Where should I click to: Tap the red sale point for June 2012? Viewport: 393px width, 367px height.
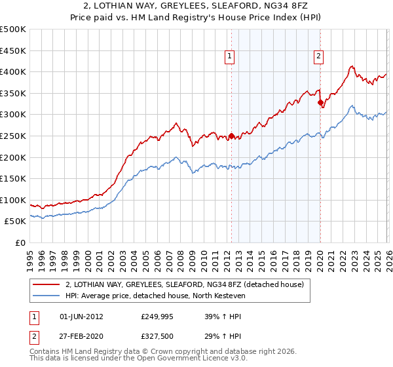click(x=231, y=136)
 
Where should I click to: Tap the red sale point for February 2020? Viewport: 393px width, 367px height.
click(x=320, y=103)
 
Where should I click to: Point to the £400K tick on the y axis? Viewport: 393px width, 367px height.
click(x=14, y=72)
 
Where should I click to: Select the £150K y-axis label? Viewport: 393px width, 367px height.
click(x=14, y=179)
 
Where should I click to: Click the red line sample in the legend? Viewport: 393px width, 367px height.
click(x=46, y=285)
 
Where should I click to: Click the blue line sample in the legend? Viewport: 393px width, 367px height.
click(x=46, y=296)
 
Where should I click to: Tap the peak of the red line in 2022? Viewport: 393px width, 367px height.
click(x=352, y=66)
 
